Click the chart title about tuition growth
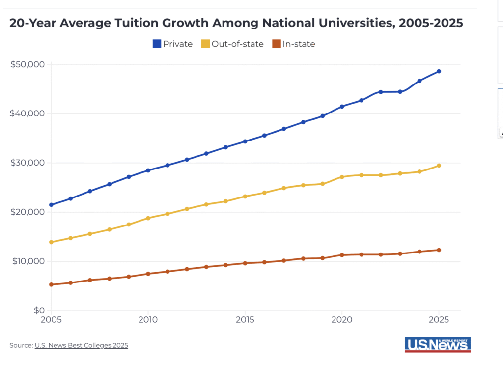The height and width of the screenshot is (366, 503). [236, 24]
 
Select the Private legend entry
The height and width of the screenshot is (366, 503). [172, 44]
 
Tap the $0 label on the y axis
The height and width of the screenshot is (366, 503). [39, 310]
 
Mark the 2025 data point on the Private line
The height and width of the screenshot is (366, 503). [439, 71]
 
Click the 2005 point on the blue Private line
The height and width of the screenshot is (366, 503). [51, 205]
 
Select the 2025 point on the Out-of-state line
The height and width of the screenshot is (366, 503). [439, 166]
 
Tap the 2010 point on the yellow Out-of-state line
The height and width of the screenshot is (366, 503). [148, 218]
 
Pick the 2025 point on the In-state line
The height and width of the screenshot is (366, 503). [439, 250]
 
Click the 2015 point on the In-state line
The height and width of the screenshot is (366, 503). [245, 263]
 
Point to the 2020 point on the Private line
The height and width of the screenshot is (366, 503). [341, 106]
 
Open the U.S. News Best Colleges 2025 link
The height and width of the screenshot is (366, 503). [81, 345]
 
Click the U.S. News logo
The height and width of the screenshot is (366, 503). [438, 344]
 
